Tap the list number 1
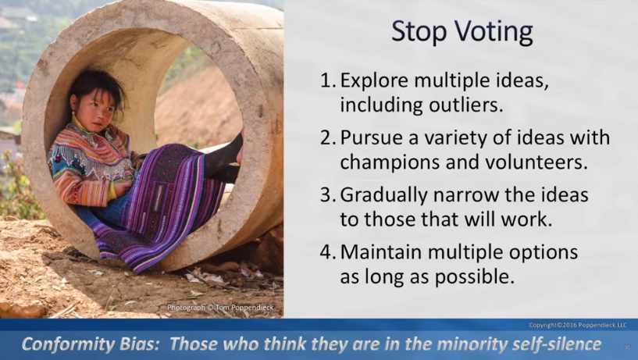[328, 80]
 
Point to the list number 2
[328, 137]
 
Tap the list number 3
[328, 195]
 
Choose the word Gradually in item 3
[383, 196]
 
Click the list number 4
[328, 252]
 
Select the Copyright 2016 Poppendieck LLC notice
[578, 325]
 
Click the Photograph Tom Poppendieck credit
[220, 308]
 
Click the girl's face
[93, 110]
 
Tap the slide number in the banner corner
[627, 347]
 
